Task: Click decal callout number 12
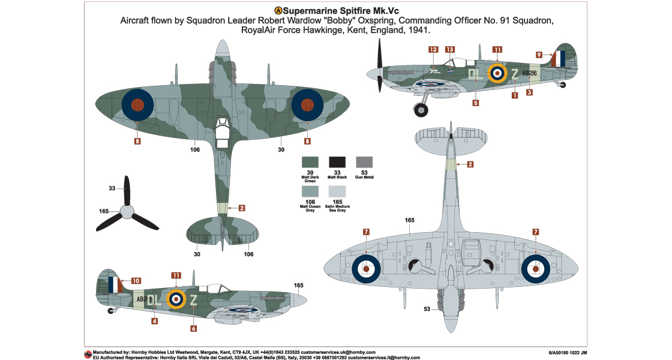tap(433, 50)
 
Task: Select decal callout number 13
tap(450, 50)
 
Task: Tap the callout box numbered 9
tap(539, 55)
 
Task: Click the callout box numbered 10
tap(136, 281)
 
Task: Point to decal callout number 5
tap(475, 103)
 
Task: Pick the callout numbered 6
tap(193, 328)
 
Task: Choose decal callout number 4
tap(155, 321)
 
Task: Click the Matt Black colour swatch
tap(337, 162)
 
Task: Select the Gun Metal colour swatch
tap(364, 162)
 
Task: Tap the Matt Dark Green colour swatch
tap(310, 162)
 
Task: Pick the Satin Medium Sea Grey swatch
tap(337, 191)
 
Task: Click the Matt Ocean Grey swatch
tap(310, 191)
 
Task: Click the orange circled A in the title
tap(278, 11)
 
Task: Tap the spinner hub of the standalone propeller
tap(127, 212)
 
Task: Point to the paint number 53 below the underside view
tap(427, 310)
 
